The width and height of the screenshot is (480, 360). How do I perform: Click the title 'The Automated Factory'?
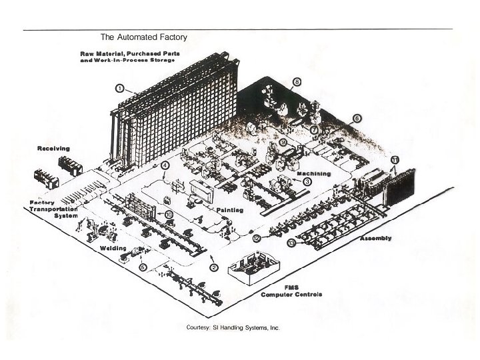pyautogui.click(x=144, y=37)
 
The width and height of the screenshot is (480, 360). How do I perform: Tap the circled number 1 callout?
pyautogui.click(x=119, y=87)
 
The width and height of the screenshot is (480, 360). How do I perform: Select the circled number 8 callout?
pyautogui.click(x=297, y=82)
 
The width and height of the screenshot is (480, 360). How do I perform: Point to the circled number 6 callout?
pyautogui.click(x=357, y=118)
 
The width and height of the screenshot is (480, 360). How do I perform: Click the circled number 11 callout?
pyautogui.click(x=395, y=160)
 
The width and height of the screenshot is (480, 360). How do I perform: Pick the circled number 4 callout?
pyautogui.click(x=165, y=165)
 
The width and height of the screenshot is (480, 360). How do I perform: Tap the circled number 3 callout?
pyautogui.click(x=307, y=181)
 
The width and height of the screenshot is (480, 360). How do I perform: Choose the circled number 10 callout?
pyautogui.click(x=169, y=214)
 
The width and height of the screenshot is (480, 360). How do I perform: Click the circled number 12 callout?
pyautogui.click(x=257, y=238)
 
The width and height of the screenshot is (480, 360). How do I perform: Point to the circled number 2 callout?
pyautogui.click(x=214, y=267)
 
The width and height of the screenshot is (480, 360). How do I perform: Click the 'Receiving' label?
pyautogui.click(x=53, y=148)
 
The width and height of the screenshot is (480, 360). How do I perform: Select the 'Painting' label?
pyautogui.click(x=229, y=210)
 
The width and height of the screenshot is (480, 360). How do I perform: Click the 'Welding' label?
pyautogui.click(x=113, y=247)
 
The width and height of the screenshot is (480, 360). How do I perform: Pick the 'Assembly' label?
pyautogui.click(x=376, y=238)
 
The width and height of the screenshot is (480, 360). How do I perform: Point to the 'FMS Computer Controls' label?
pyautogui.click(x=291, y=291)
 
